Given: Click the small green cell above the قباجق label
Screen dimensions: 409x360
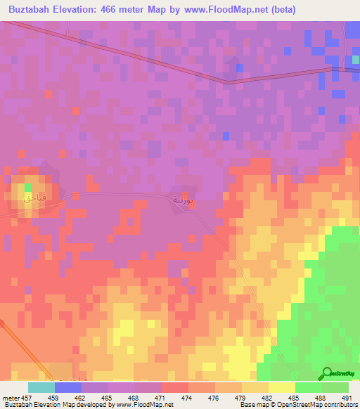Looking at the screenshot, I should [x=29, y=188].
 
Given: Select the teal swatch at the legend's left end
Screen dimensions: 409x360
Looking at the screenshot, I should [x=41, y=387].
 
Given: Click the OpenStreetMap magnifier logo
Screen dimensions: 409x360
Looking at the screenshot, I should [x=327, y=373].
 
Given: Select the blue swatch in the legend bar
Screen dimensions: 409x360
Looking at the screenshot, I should [x=67, y=387].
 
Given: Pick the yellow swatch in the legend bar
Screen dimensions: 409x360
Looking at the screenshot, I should [x=281, y=387].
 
